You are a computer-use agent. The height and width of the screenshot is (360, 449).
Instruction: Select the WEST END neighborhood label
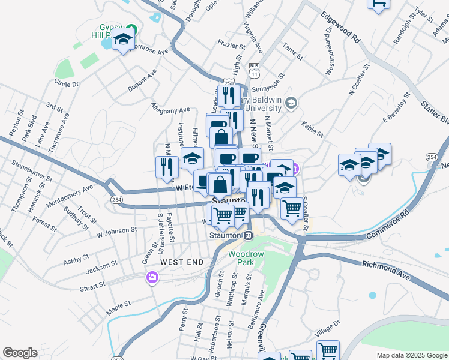(181, 262)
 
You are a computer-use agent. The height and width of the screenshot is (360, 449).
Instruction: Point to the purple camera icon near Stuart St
(152, 277)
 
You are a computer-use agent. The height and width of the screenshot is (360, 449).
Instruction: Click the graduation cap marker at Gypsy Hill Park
(124, 41)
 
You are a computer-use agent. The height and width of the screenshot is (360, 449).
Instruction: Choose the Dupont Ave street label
(142, 80)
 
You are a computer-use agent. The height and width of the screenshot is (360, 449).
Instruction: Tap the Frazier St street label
(232, 46)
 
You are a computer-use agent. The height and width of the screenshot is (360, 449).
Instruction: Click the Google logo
(20, 353)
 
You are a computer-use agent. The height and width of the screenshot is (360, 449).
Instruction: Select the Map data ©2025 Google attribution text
(411, 355)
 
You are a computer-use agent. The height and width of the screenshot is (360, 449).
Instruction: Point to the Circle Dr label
(66, 83)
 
